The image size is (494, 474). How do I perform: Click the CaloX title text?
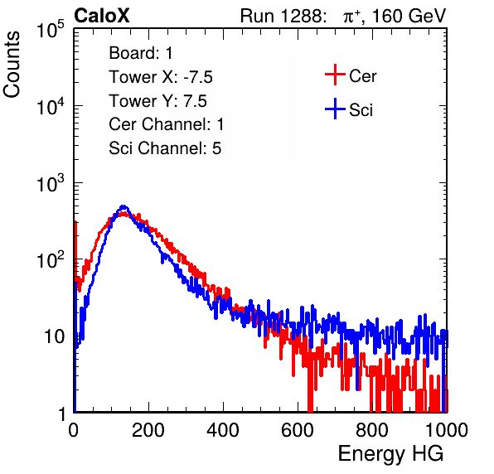coord(102,16)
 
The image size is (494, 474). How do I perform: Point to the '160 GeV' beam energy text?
coord(409,16)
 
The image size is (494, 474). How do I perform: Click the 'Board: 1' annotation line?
coord(141,53)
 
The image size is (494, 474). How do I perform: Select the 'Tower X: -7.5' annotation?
coord(161,77)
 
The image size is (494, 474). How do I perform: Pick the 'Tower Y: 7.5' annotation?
coord(157,101)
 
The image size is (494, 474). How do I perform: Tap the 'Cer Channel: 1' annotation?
coord(167,124)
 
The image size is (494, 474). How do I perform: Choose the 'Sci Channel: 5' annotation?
coord(165,148)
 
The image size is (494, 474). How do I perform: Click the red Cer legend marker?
coord(335,75)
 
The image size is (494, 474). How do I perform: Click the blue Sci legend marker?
coord(335,109)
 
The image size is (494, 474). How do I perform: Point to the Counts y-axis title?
coord(12,64)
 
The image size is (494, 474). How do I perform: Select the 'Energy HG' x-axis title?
coord(390,454)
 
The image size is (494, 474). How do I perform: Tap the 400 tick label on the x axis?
coord(223,430)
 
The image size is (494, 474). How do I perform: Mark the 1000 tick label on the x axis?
coord(447,430)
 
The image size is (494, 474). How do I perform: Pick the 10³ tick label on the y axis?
coord(51,183)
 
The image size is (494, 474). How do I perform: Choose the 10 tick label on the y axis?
coord(55,336)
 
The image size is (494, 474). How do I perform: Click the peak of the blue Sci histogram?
coord(123,206)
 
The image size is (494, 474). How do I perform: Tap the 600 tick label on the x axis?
coord(298,430)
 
